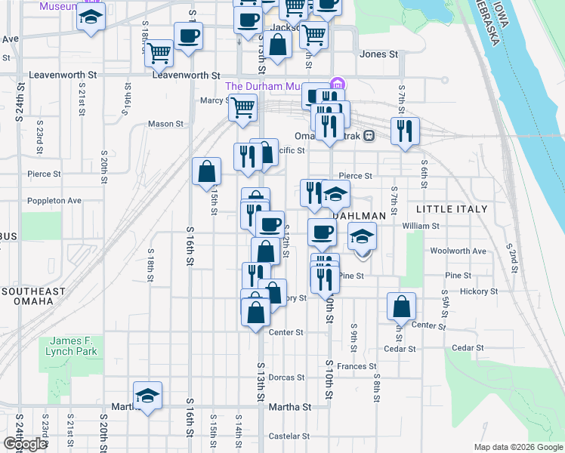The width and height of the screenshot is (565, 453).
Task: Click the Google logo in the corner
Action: (25, 444)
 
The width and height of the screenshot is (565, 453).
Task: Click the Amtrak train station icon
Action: (369, 136)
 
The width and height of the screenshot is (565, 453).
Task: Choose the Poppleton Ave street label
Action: (54, 201)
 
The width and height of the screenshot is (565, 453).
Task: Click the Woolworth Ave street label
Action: (458, 251)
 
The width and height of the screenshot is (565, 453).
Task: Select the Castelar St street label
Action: (290, 436)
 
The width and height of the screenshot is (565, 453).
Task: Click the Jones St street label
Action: (378, 54)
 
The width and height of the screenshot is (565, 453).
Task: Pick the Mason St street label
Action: (165, 124)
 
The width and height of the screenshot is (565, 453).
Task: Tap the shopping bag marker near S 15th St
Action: (206, 171)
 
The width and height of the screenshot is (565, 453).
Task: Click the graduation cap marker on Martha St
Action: (148, 396)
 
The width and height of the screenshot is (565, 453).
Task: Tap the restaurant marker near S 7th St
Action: (405, 131)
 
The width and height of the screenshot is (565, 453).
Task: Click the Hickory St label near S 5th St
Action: (480, 291)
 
